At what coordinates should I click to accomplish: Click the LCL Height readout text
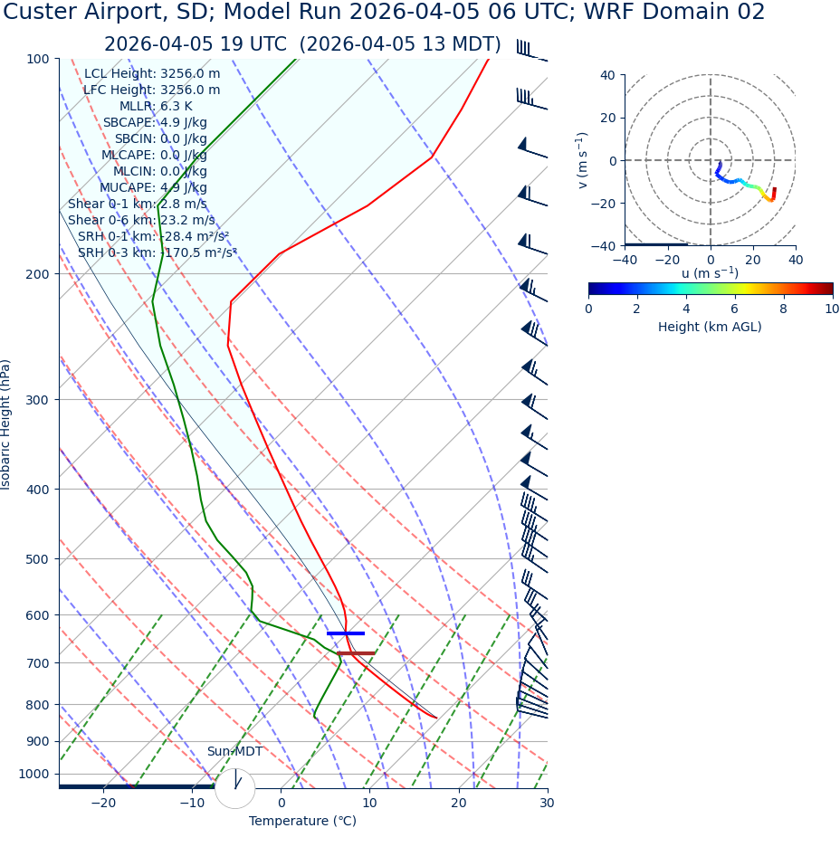[x=152, y=74]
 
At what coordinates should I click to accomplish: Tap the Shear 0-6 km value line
[x=141, y=220]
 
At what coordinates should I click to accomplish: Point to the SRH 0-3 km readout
[x=157, y=252]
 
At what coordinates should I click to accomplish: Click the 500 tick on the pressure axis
[x=37, y=559]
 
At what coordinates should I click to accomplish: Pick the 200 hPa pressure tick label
[x=37, y=274]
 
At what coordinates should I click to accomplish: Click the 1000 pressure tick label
[x=33, y=774]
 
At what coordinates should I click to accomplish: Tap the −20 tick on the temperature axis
[x=103, y=804]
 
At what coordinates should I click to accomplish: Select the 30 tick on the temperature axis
[x=547, y=804]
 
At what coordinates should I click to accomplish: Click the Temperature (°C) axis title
[x=302, y=822]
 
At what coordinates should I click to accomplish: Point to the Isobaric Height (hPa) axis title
[x=6, y=424]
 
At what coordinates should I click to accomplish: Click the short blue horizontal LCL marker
[x=346, y=633]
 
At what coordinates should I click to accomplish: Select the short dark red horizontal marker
[x=356, y=653]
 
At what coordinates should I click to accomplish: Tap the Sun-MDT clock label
[x=234, y=752]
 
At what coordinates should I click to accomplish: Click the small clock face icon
[x=234, y=787]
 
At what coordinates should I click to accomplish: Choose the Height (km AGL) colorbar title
[x=710, y=327]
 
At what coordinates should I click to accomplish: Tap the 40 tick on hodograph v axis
[x=608, y=75]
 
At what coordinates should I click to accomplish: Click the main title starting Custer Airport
[x=385, y=13]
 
